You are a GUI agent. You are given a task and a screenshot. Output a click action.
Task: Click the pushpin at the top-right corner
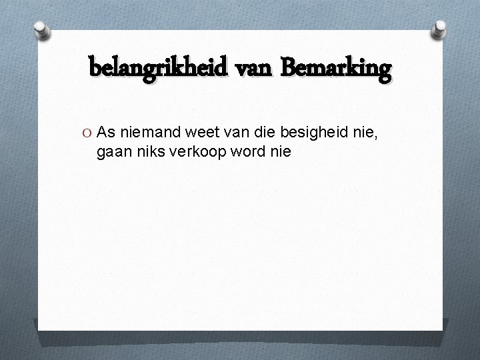[x=441, y=28]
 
